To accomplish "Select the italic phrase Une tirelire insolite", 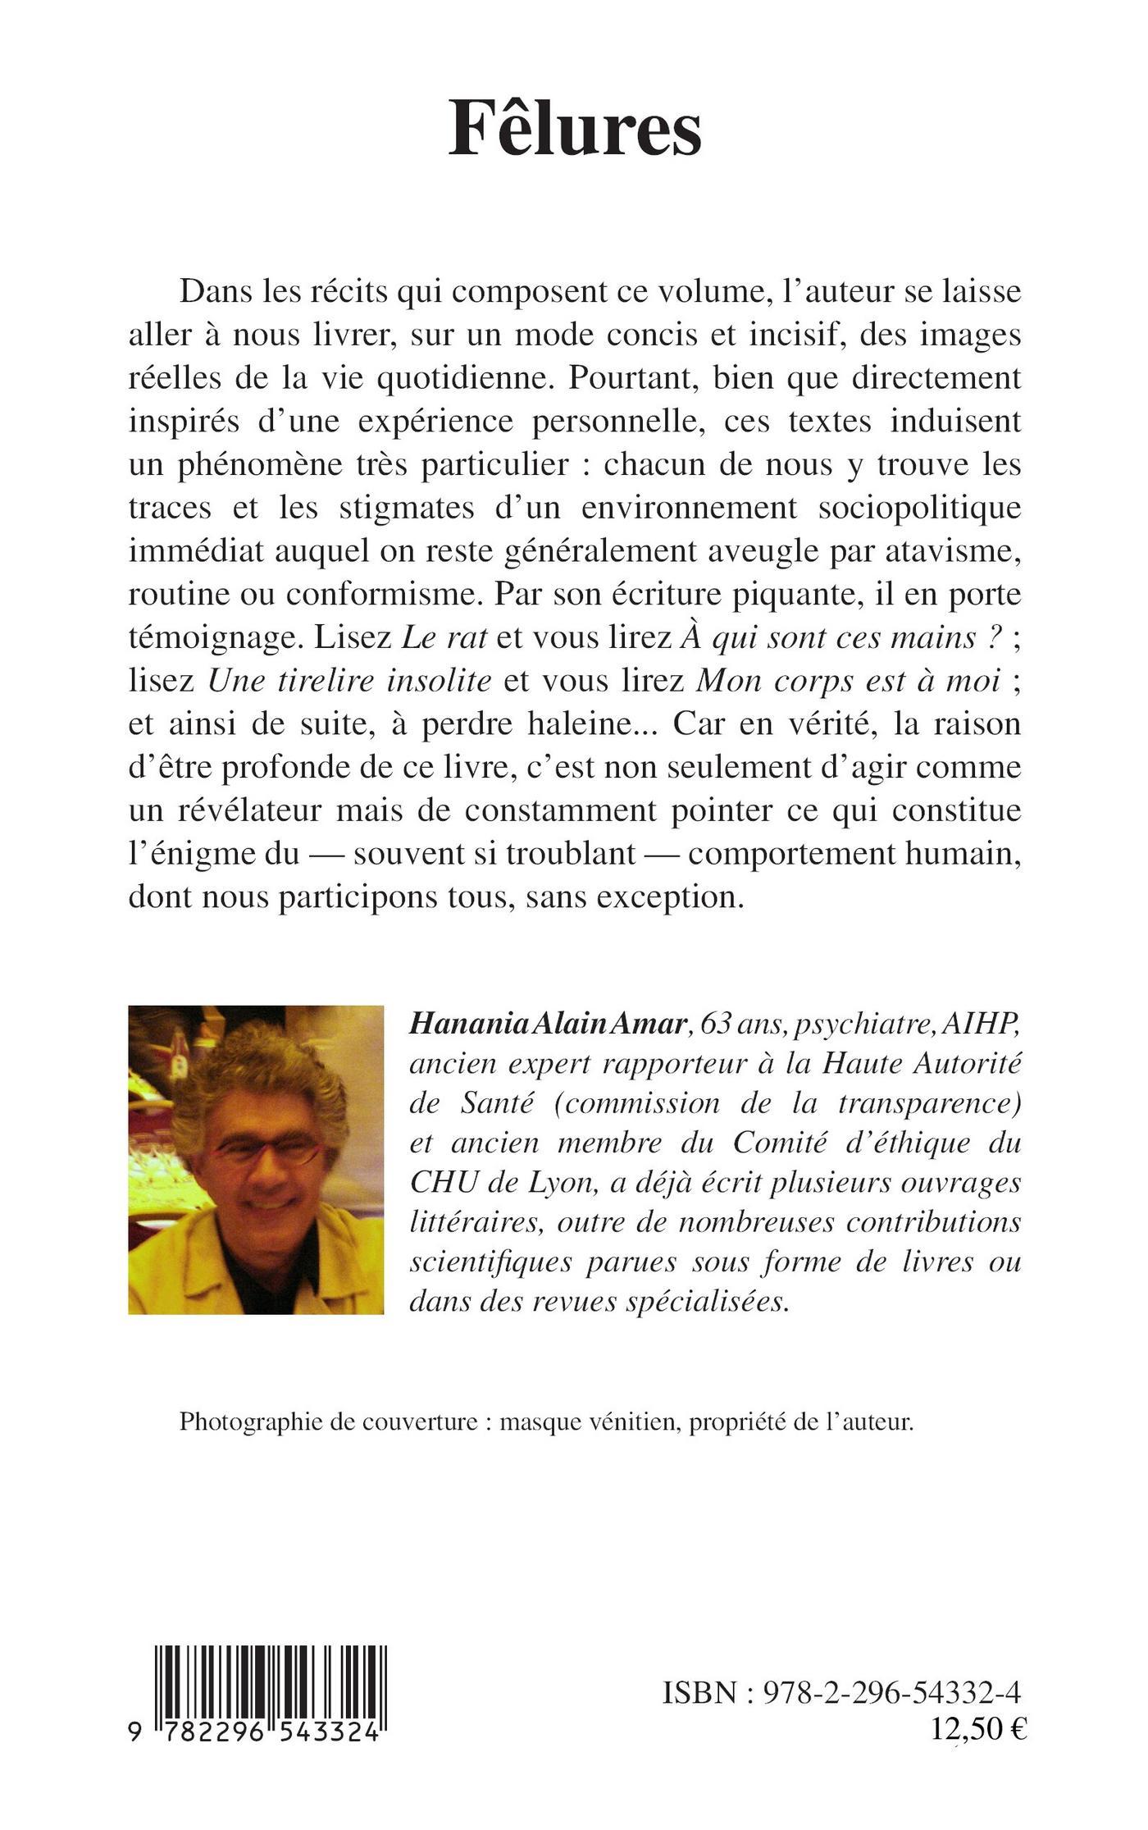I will tap(350, 680).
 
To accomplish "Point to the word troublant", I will tap(571, 853).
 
